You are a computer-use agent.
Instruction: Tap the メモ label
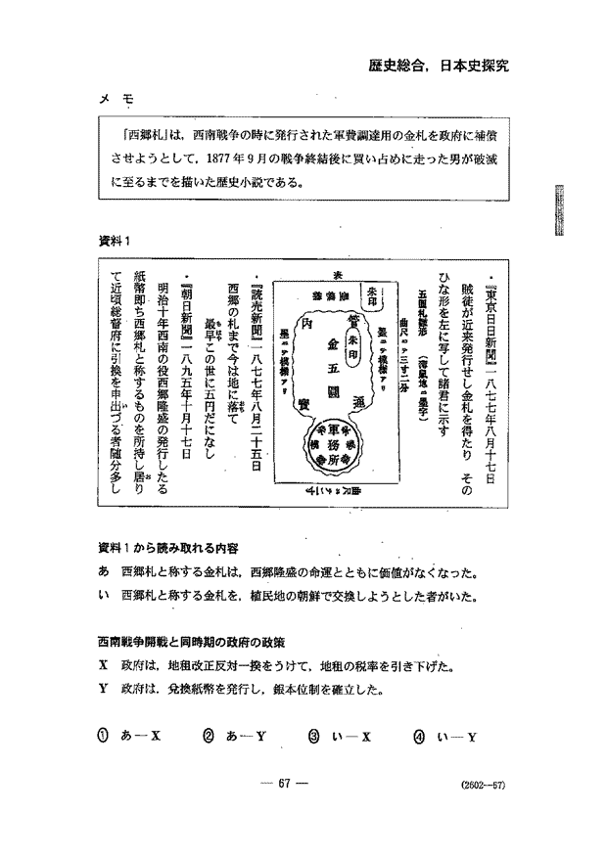pyautogui.click(x=116, y=100)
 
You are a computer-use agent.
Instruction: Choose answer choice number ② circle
pyautogui.click(x=209, y=736)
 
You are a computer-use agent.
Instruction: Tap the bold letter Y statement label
pyautogui.click(x=103, y=690)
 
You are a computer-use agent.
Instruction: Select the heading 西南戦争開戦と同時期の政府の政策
pyautogui.click(x=190, y=642)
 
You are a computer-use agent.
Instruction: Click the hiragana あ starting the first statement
pyautogui.click(x=103, y=572)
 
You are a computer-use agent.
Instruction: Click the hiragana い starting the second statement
pyautogui.click(x=103, y=596)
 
